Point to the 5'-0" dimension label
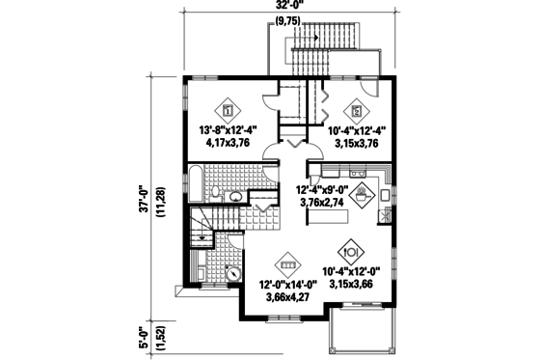click(144, 339)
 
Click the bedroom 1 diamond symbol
click(228, 109)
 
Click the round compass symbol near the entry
click(233, 272)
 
